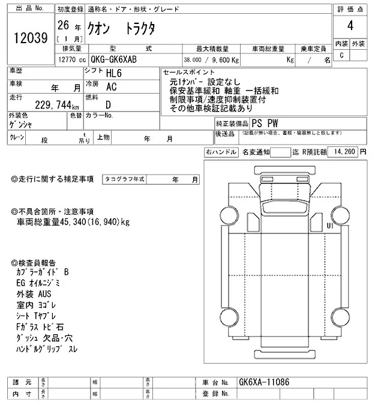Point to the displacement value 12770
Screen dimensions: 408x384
tap(68, 59)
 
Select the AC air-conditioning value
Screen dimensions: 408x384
tap(111, 86)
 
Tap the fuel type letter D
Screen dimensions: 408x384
tap(109, 104)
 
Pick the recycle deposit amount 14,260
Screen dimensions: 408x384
tap(343, 152)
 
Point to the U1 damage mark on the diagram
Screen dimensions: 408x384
tap(330, 226)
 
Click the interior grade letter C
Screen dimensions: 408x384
tap(341, 55)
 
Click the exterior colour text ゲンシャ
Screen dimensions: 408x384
tap(21, 124)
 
